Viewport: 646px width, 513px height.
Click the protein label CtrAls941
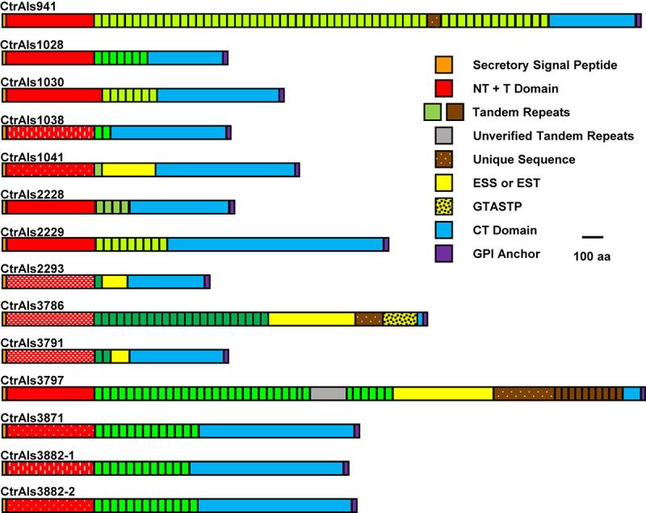[22, 6]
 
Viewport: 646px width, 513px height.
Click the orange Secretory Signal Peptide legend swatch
[443, 65]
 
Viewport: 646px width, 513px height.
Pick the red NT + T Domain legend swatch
[443, 88]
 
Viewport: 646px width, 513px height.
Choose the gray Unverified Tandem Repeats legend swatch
[443, 136]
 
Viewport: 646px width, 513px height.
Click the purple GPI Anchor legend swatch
[443, 254]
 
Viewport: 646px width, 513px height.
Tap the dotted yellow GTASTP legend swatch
[443, 206]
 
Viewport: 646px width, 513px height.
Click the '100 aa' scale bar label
[593, 256]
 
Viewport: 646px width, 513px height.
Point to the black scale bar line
[593, 237]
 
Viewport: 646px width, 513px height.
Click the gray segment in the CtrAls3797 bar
[328, 393]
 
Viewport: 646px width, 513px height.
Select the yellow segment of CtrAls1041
[128, 169]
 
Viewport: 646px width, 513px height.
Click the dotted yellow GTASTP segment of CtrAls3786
[400, 319]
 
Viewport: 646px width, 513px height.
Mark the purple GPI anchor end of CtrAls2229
[386, 244]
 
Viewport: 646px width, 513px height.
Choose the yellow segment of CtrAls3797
[443, 393]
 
